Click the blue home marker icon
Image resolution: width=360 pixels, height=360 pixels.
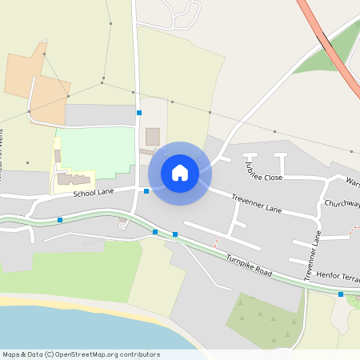(180, 172)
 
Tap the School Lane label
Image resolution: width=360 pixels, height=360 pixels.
(94, 193)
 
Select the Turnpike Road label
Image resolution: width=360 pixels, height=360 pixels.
(249, 266)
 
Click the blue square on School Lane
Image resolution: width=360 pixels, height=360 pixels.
(146, 191)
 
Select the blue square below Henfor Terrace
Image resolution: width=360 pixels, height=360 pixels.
(341, 294)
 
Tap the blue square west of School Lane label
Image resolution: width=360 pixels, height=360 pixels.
(60, 219)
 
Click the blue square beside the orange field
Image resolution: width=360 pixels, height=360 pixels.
(139, 113)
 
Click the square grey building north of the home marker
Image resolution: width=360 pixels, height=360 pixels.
(152, 136)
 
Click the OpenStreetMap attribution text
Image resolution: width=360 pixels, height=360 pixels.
(80, 354)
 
